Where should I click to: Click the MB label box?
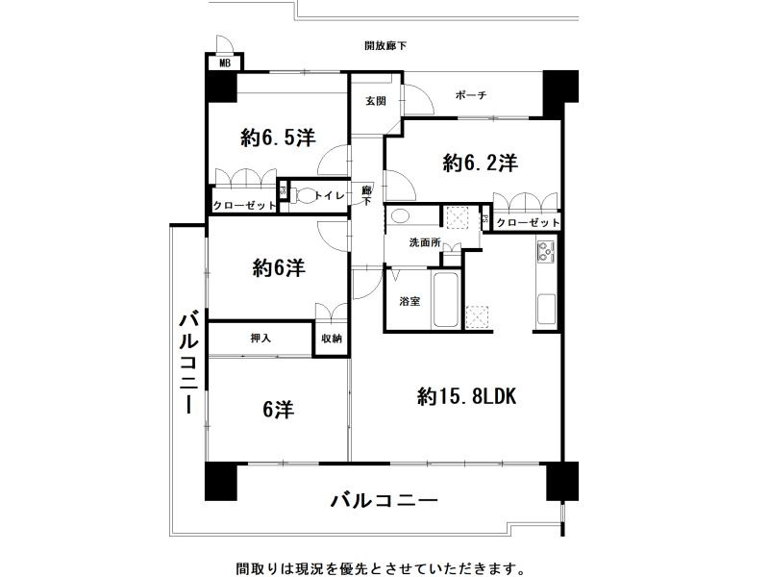pyautogui.click(x=225, y=63)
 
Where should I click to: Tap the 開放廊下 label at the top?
pyautogui.click(x=384, y=45)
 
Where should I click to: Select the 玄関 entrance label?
pyautogui.click(x=376, y=100)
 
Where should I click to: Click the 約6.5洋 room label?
pyautogui.click(x=278, y=138)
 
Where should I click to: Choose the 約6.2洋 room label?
pyautogui.click(x=481, y=163)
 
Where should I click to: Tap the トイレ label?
pyautogui.click(x=332, y=194)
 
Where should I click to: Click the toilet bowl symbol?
pyautogui.click(x=306, y=195)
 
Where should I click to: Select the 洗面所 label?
pyautogui.click(x=424, y=242)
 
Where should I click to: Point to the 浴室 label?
pyautogui.click(x=409, y=302)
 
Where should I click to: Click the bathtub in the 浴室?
pyautogui.click(x=446, y=301)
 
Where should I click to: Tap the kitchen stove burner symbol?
pyautogui.click(x=545, y=254)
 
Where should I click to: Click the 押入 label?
pyautogui.click(x=260, y=338)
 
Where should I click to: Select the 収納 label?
pyautogui.click(x=332, y=338)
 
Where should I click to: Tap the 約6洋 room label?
pyautogui.click(x=279, y=268)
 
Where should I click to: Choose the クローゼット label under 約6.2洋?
pyautogui.click(x=528, y=222)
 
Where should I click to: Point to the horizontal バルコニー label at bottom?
pyautogui.click(x=384, y=501)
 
